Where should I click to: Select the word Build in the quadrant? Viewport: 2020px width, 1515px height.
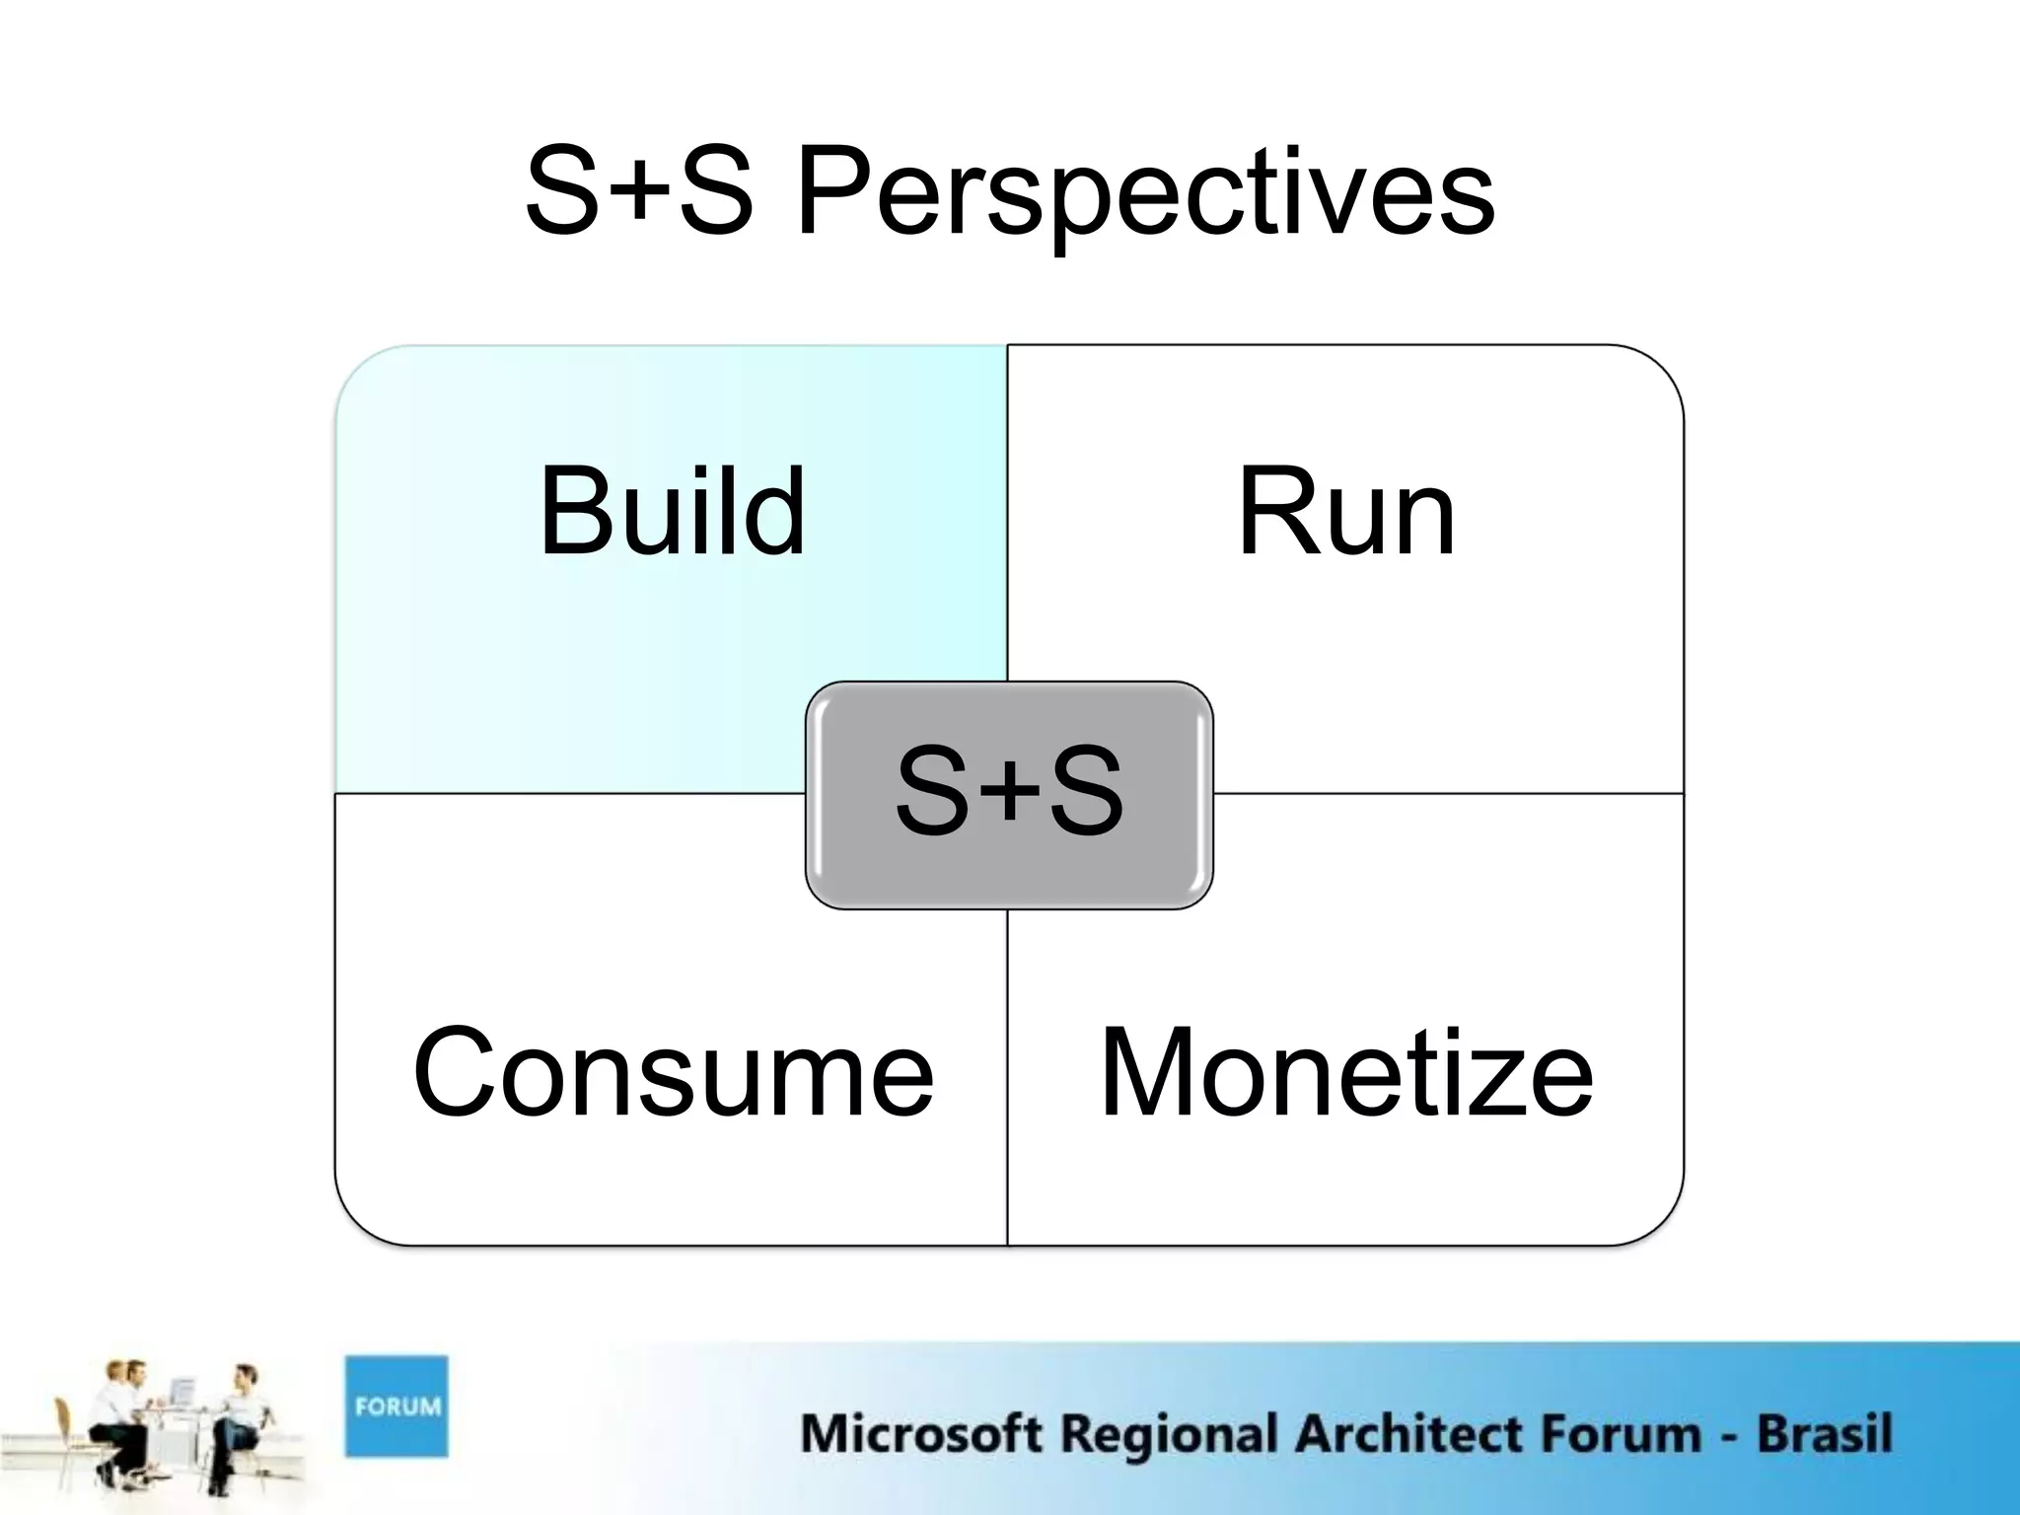coord(673,511)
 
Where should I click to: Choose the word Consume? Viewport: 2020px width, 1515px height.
coord(673,1073)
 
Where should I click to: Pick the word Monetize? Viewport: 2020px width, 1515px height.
coord(1346,1073)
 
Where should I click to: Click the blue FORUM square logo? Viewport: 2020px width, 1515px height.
coord(397,1406)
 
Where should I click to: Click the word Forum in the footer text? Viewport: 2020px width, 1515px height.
coord(1619,1433)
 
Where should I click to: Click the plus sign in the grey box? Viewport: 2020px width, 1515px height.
coord(1010,793)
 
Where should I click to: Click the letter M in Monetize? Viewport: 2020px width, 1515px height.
coord(1144,1073)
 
